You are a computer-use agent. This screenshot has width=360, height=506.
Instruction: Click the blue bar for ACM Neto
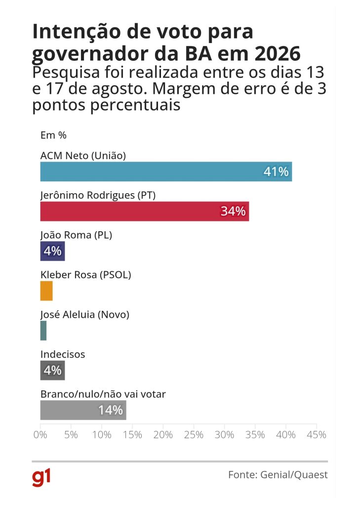tap(148, 171)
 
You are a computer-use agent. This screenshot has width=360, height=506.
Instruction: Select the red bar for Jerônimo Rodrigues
tap(128, 211)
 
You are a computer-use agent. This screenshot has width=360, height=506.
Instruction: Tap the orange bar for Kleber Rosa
tap(46, 291)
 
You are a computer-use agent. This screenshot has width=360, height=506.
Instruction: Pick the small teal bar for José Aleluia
tap(43, 331)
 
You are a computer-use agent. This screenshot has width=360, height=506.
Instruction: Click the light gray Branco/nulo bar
tap(69, 410)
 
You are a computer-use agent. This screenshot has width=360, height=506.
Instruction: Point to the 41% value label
tap(276, 172)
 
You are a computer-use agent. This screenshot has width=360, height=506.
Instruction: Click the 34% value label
tap(233, 211)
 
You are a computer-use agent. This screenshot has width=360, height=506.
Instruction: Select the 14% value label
tap(110, 410)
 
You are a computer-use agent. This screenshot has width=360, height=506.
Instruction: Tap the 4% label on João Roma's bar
tap(52, 251)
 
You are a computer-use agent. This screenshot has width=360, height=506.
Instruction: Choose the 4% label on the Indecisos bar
tap(52, 370)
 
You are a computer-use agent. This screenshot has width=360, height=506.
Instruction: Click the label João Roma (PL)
tap(76, 235)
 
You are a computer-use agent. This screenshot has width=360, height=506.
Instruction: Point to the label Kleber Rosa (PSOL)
tap(85, 275)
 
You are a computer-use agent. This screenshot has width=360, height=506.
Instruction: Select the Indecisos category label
tap(63, 354)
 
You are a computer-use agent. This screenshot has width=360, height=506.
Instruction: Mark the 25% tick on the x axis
tap(194, 435)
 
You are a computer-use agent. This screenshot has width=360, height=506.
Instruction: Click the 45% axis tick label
tap(316, 435)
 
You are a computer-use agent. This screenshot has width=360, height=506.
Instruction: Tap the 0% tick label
tap(40, 435)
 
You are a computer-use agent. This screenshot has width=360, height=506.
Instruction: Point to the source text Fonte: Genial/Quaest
tap(278, 475)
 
